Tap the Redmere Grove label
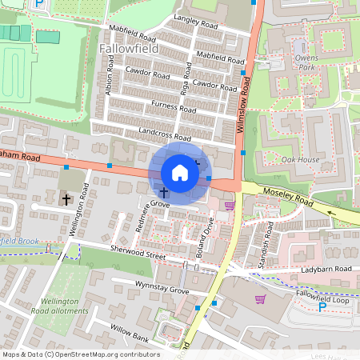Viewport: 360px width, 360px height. click(147, 216)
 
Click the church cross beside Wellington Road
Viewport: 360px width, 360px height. click(66, 198)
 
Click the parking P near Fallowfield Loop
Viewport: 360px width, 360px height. click(322, 306)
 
